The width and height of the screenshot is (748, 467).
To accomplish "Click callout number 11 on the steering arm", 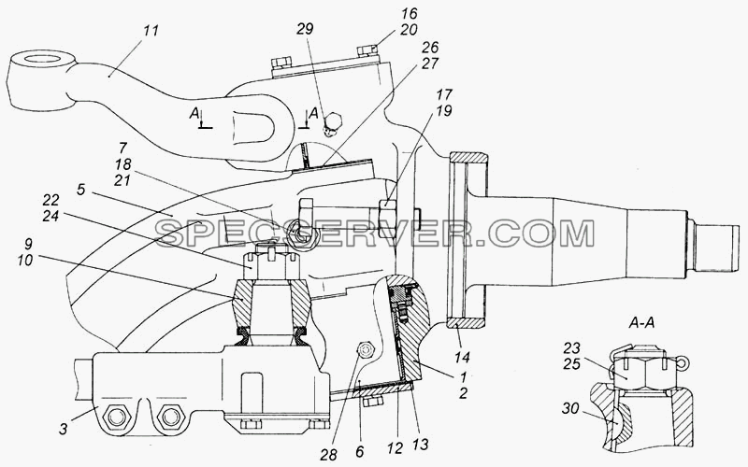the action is coord(151,32).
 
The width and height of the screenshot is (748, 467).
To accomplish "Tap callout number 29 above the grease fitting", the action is coord(306,29).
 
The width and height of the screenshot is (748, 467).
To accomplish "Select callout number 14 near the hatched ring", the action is coord(462,357).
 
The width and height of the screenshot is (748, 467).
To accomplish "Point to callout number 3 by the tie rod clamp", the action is coord(64,428).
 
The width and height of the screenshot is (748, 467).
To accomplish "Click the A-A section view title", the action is coord(641,322).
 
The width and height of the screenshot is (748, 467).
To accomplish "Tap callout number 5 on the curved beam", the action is coord(80,191).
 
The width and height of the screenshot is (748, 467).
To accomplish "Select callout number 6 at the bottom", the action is coord(359,451).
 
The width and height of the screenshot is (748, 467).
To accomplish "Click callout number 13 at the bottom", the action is coord(420,445).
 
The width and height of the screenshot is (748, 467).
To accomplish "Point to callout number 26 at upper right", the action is coord(429,48).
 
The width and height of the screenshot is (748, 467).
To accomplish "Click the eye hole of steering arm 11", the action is coord(43,60).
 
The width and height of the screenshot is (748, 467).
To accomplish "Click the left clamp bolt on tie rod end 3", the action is coord(116,417).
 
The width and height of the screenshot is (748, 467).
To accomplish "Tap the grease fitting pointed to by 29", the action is coord(332,124).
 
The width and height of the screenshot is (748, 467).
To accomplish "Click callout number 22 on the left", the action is coord(50,199).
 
